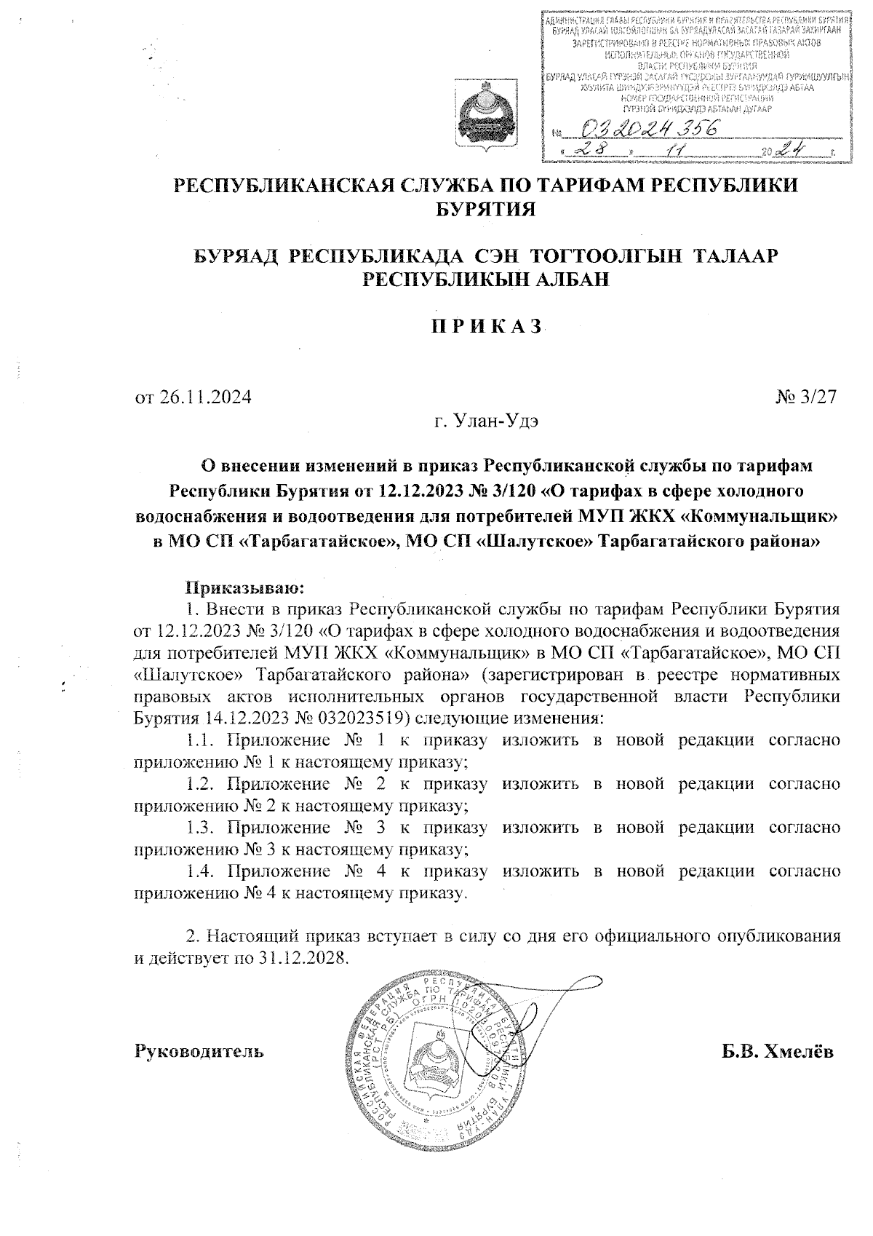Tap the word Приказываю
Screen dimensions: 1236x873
pos(245,586)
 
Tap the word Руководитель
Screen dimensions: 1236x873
pos(200,1052)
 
